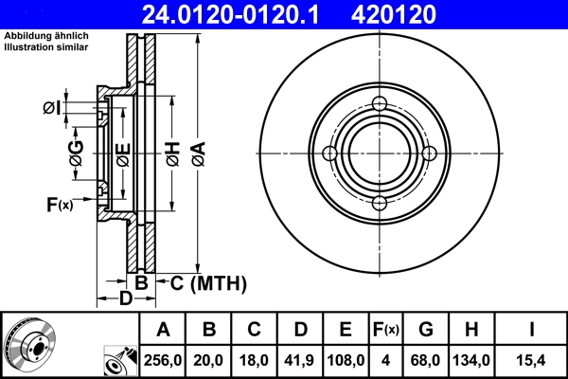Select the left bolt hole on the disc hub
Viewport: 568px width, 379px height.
[x=329, y=153]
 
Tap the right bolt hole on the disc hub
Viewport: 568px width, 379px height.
[x=428, y=153]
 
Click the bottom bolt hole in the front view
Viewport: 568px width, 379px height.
[x=379, y=203]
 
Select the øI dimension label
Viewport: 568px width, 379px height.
[x=53, y=107]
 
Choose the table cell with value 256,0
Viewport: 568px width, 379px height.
[x=164, y=361]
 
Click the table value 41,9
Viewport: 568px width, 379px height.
[x=300, y=361]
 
